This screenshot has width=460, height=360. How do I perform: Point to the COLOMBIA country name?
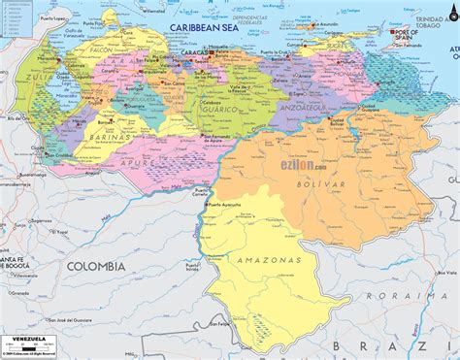[95, 265]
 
